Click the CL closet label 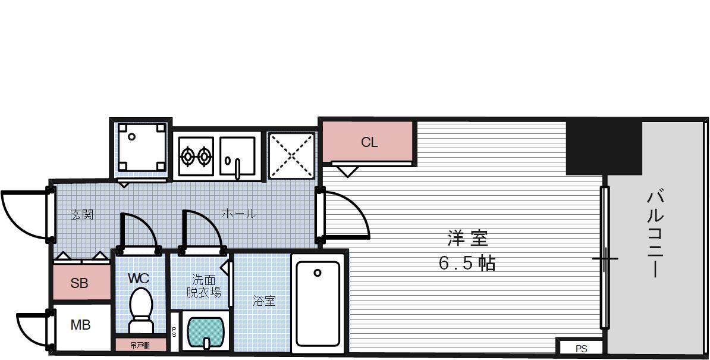[x=369, y=143]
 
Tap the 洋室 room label [x=467, y=239]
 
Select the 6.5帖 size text [x=467, y=262]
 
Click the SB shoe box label [x=79, y=283]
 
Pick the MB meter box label [x=80, y=325]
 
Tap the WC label [x=139, y=278]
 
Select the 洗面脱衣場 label [x=203, y=286]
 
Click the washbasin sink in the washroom [x=205, y=331]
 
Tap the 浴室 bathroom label [x=263, y=301]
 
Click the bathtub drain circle [x=318, y=273]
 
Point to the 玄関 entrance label [x=82, y=214]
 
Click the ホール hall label [x=239, y=213]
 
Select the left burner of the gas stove [x=188, y=156]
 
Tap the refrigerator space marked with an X [x=291, y=155]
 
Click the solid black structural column [x=603, y=148]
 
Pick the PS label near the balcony [x=581, y=349]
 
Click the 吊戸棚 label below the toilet [x=140, y=345]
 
